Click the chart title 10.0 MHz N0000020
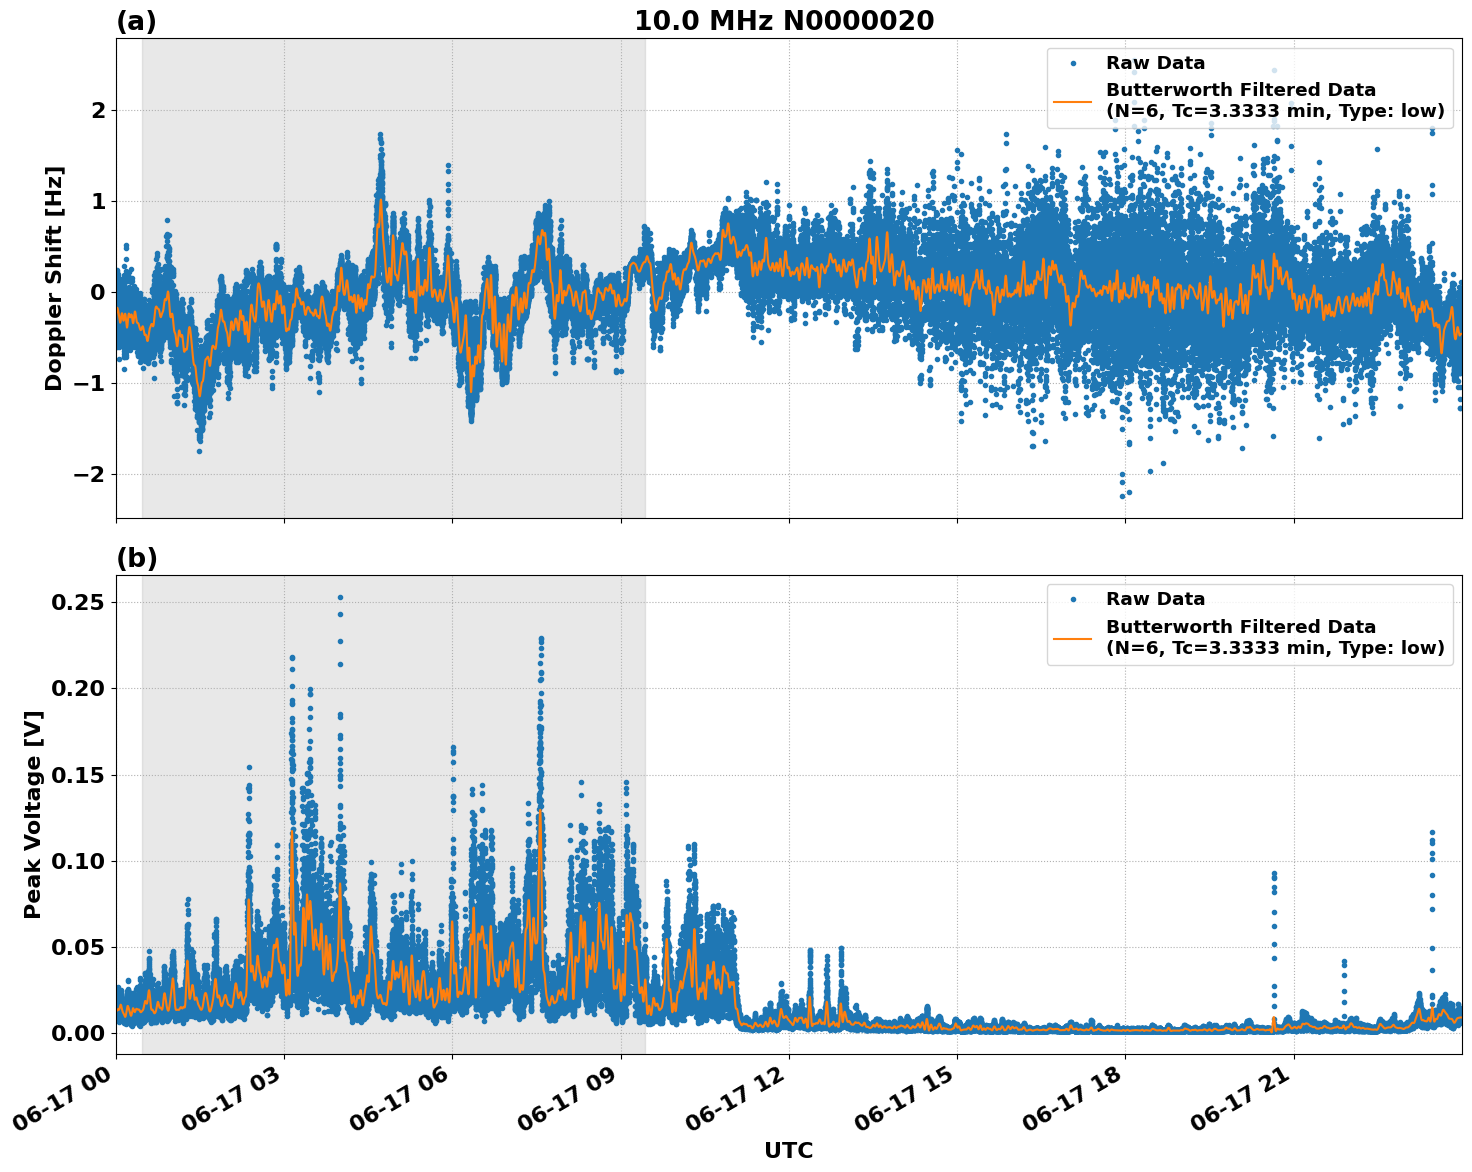784,21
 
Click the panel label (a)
136,21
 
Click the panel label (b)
136,558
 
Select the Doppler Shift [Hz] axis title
54,278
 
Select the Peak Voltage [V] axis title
33,814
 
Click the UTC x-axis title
788,1150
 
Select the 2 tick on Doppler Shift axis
98,110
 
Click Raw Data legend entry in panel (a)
1155,63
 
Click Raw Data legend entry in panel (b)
1155,599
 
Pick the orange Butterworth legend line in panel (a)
1074,101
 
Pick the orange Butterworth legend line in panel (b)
1074,637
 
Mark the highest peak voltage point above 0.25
340,597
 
